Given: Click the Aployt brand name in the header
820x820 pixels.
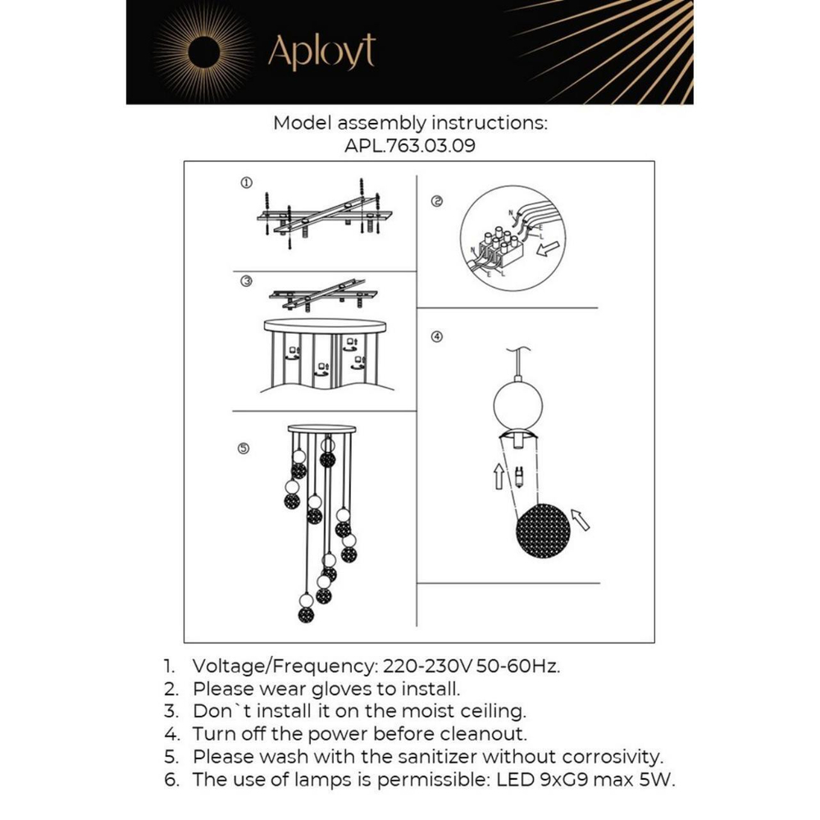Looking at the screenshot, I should pos(321,52).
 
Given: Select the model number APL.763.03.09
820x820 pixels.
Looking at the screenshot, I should pos(410,147).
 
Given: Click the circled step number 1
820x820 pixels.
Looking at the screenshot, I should pos(246,182).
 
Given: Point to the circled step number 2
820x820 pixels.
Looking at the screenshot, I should pos(437,202).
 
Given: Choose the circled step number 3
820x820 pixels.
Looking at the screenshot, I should pos(246,280).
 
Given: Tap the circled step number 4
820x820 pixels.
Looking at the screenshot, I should pos(437,337).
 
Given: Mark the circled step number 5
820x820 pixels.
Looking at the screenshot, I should pos(244,448).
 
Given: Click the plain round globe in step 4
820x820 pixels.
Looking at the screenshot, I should pos(514,403).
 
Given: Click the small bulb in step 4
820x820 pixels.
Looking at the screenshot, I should pos(519,476).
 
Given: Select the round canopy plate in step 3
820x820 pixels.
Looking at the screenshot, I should pos(325,326).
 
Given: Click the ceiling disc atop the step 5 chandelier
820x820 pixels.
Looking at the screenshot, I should pos(323,428).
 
